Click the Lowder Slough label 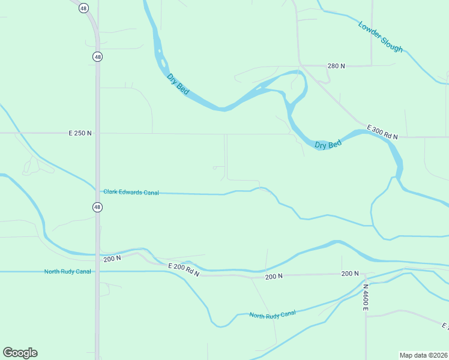[380, 37]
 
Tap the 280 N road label [336, 65]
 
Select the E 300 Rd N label [382, 133]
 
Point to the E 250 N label [80, 133]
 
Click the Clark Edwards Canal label [131, 192]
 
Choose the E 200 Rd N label [183, 269]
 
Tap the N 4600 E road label [365, 297]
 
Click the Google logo [20, 353]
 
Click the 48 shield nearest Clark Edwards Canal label [97, 207]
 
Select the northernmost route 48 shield [83, 8]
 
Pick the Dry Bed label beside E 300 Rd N [328, 144]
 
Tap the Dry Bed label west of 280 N [178, 84]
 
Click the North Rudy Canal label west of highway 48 [67, 271]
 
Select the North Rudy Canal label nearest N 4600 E [273, 314]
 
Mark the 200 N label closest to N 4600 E [350, 274]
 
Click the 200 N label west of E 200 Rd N [112, 259]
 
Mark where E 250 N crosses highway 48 [97, 133]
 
